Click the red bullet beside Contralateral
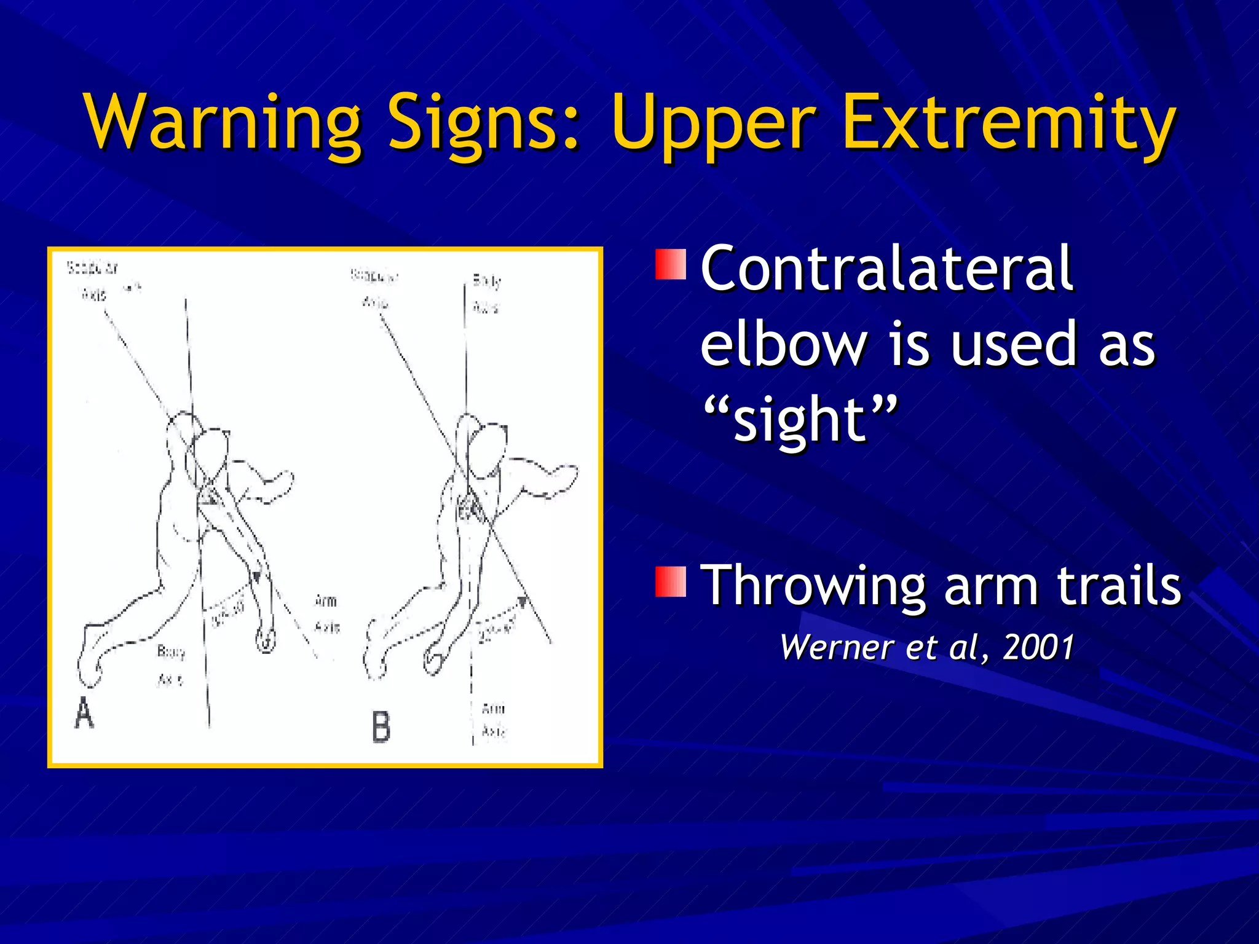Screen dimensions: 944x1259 tap(670, 264)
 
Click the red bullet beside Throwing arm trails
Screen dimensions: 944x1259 tap(670, 582)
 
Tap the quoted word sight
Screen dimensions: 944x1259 tap(799, 420)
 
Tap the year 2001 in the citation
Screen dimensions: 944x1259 tap(1038, 647)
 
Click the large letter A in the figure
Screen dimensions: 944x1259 tap(84, 714)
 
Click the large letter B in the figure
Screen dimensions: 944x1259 tap(381, 726)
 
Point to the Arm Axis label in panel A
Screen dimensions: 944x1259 tap(326, 613)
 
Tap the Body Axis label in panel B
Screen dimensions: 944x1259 tap(486, 294)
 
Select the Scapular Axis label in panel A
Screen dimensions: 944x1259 tap(93, 281)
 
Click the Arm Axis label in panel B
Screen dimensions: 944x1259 tap(494, 720)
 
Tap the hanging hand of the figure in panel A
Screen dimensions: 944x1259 tap(266, 639)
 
